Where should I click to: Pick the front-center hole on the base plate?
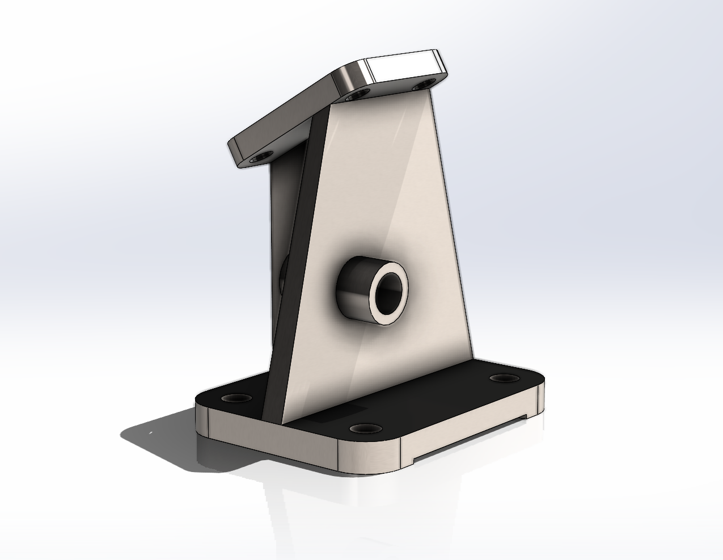pyautogui.click(x=363, y=427)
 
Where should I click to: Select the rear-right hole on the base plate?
pyautogui.click(x=501, y=378)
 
